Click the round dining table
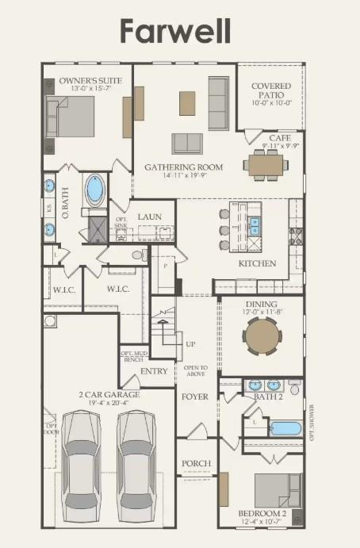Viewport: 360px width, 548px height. [x=262, y=337]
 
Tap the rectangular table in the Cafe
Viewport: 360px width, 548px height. [x=266, y=164]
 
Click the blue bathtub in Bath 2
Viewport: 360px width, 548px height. [x=285, y=429]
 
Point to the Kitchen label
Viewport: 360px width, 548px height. [x=257, y=263]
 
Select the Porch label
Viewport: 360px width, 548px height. [x=196, y=464]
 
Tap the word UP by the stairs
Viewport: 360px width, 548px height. [x=190, y=345]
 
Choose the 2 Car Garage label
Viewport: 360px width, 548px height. [x=109, y=394]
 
